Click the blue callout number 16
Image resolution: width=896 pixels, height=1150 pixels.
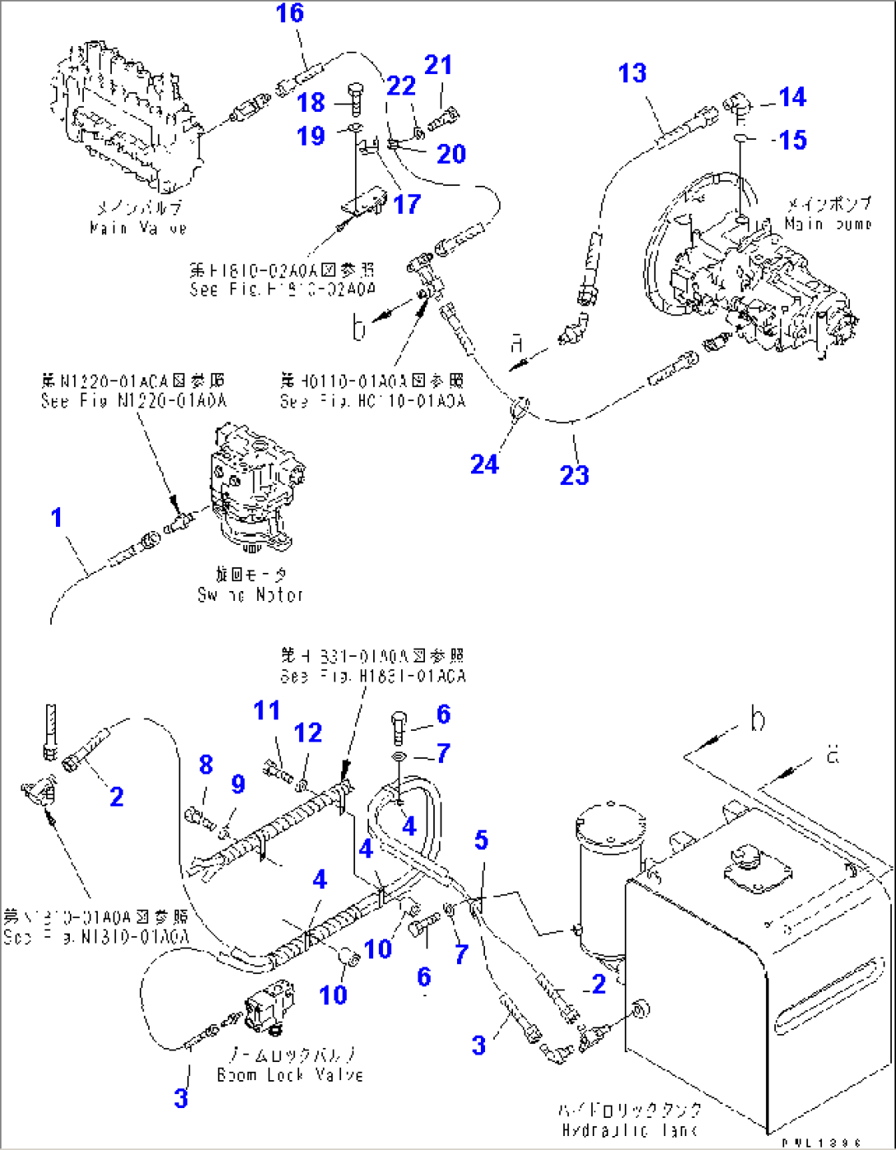coord(289,13)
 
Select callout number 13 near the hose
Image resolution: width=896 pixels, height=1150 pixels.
coord(632,74)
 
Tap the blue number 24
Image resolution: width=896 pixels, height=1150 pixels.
coord(484,465)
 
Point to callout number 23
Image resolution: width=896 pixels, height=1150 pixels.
coord(575,474)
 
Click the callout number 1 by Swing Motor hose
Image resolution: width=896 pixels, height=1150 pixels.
coord(56,518)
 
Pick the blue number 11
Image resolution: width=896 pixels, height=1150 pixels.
coord(266,710)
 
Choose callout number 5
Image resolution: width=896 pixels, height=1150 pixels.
coord(481,840)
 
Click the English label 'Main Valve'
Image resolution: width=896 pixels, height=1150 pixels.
coord(138,228)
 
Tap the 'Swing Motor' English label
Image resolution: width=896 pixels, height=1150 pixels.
coord(251,594)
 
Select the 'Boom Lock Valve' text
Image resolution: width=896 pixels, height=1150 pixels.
coord(289,1074)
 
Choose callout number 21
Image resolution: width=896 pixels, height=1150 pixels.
coord(438,66)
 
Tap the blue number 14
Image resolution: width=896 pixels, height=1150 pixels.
coord(792,97)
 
